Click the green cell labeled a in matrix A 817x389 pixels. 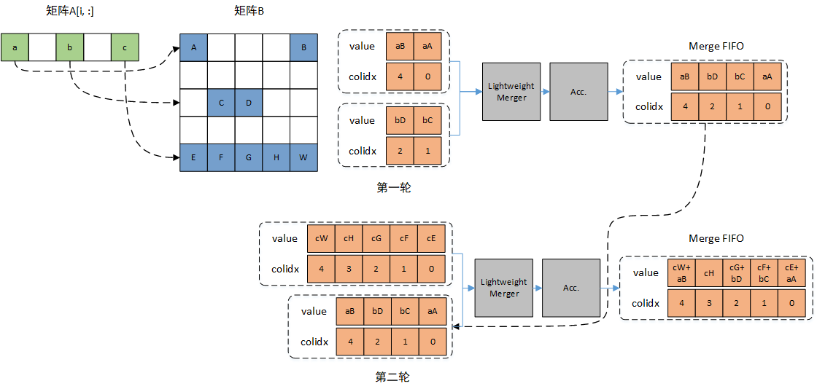tap(15, 47)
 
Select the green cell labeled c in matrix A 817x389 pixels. tap(125, 47)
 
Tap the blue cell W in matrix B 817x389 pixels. tap(304, 157)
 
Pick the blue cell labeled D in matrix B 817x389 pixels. tap(249, 103)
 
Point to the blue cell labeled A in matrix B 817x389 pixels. tap(193, 47)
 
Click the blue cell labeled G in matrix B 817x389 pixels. tap(249, 157)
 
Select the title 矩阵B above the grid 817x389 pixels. tap(249, 11)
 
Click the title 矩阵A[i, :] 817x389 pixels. tap(70, 11)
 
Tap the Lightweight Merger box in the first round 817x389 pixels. tap(511, 92)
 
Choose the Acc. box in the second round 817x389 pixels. tap(571, 288)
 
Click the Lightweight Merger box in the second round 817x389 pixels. tap(504, 288)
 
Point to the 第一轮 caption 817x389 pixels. tap(393, 188)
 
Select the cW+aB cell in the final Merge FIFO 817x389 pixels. tap(682, 272)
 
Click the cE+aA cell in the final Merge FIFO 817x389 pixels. tap(791, 272)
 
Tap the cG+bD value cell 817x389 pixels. tap(737, 272)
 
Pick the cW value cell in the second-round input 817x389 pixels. tap(321, 238)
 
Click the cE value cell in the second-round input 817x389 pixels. tap(431, 238)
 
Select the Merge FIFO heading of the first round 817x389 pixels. tap(716, 46)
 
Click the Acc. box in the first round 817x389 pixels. tap(578, 92)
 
